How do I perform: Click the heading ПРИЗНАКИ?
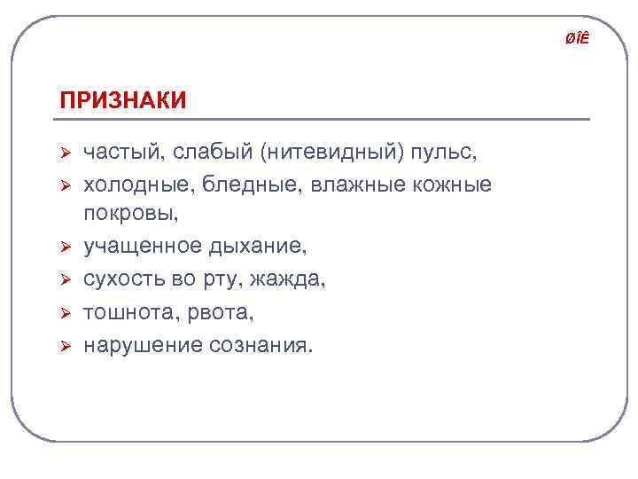(122, 99)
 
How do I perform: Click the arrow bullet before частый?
(64, 153)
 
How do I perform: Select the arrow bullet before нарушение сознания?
(64, 344)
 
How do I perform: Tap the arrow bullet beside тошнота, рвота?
(64, 312)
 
